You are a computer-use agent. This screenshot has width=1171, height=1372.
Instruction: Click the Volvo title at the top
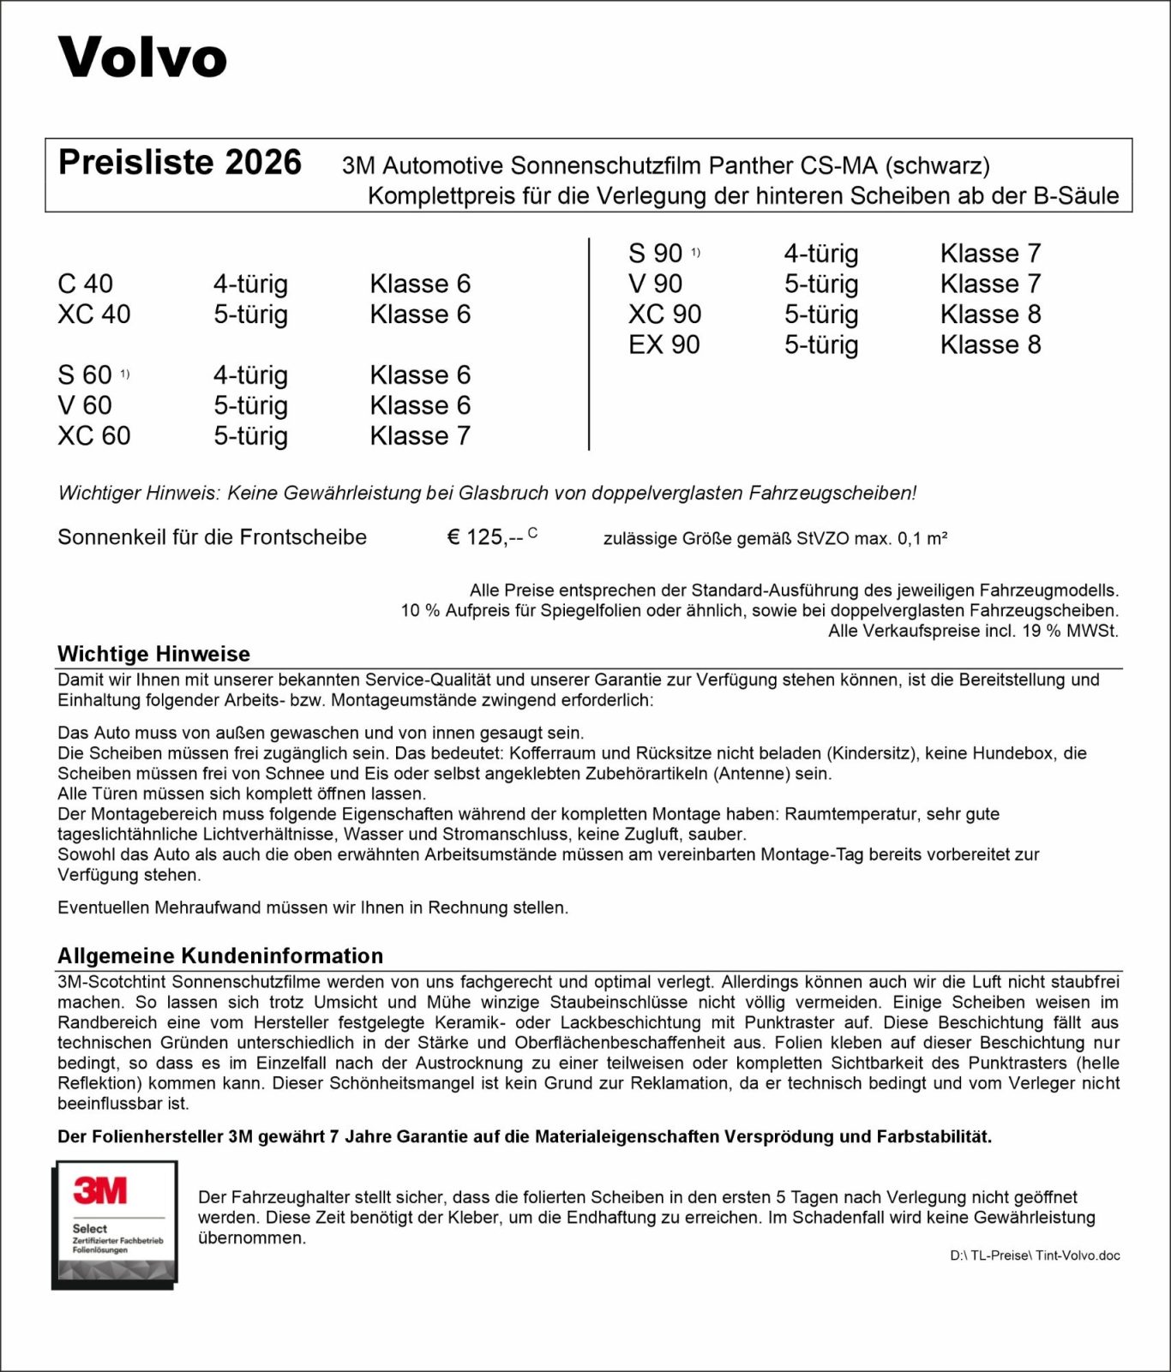tap(142, 57)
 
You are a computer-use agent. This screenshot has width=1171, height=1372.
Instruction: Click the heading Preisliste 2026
tap(179, 163)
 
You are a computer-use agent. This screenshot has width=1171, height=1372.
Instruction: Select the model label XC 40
tap(93, 315)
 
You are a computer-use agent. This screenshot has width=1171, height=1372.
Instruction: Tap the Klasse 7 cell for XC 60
tap(420, 436)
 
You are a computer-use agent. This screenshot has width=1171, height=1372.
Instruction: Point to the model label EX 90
tap(664, 344)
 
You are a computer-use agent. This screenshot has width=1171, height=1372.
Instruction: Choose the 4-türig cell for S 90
tap(820, 254)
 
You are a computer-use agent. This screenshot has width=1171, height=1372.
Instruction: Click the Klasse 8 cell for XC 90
tap(990, 315)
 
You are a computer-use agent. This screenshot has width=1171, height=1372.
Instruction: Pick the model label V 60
tap(84, 405)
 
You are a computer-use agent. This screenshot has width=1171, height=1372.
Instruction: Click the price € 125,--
tap(485, 537)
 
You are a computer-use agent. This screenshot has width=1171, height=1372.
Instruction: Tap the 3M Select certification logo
tap(115, 1224)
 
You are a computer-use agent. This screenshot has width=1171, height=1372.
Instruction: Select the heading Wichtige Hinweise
tap(153, 654)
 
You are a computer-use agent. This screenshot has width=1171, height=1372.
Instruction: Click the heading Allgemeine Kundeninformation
tap(220, 956)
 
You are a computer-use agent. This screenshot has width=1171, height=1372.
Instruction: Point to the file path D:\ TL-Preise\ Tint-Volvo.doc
tap(1034, 1255)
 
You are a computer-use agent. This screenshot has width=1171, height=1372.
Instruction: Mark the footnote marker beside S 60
tap(124, 374)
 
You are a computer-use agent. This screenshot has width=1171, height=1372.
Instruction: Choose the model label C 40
tap(85, 284)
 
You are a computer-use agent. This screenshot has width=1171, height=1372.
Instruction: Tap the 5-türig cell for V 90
tap(820, 284)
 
